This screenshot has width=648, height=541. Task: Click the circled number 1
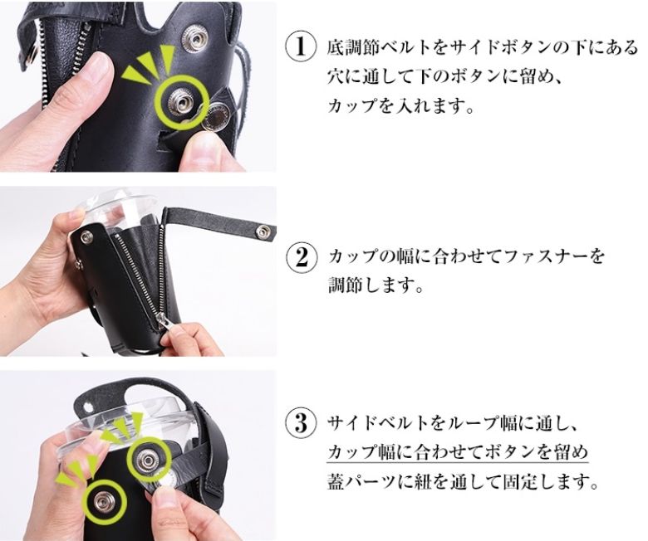tap(302, 47)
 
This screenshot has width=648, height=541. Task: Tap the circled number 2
tap(302, 256)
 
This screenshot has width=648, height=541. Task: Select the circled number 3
tap(302, 424)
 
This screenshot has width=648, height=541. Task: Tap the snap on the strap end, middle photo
tap(263, 232)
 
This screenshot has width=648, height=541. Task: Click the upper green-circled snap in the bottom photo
tap(148, 458)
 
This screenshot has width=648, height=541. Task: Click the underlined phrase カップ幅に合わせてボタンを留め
tap(458, 453)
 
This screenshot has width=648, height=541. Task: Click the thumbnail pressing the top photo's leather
tap(99, 67)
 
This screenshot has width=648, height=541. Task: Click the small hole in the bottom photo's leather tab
tap(86, 407)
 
